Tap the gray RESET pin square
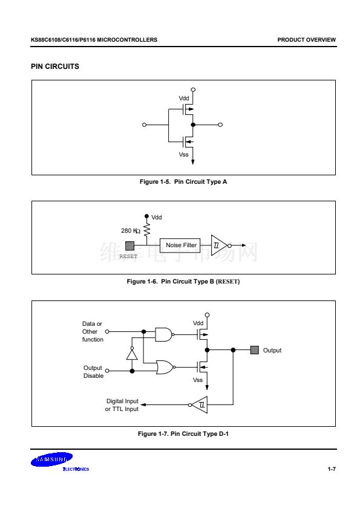coord(129,246)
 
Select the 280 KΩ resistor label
coord(131,231)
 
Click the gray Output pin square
coord(255,350)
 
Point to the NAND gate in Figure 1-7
coord(164,334)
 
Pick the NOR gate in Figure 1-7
coord(166,367)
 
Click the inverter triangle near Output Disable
coord(132,353)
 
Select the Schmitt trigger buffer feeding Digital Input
coord(198,405)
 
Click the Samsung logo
coord(52,459)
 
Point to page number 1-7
coord(332,469)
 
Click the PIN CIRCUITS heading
coord(55,66)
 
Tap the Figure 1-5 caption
coord(183,182)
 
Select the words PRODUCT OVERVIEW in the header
coord(306,40)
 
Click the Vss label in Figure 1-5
coord(183,155)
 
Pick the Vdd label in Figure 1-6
coord(157,218)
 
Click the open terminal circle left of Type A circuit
coord(144,125)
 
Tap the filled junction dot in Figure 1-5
coord(193,125)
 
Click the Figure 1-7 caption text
coord(183,433)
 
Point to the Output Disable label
coord(93,372)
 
